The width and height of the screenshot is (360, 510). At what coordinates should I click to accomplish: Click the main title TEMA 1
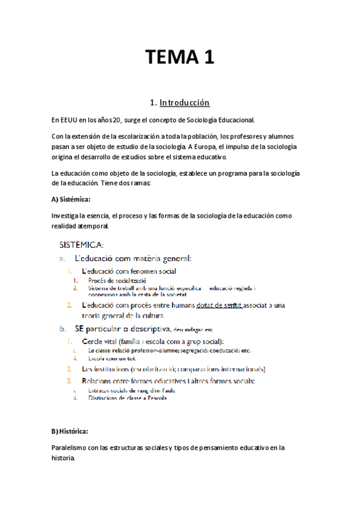tap(180, 58)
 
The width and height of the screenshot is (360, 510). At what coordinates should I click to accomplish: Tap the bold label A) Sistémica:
tap(72, 198)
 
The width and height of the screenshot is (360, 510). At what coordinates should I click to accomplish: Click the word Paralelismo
tap(72, 447)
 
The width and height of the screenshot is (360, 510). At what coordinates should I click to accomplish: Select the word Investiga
tap(68, 215)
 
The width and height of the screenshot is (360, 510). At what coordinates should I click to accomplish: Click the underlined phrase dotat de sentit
tap(219, 305)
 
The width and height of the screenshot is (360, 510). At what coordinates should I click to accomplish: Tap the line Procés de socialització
tap(117, 280)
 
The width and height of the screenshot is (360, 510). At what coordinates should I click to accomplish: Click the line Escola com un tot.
tap(112, 358)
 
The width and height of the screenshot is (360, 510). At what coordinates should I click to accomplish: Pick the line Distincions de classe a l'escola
tap(127, 398)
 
